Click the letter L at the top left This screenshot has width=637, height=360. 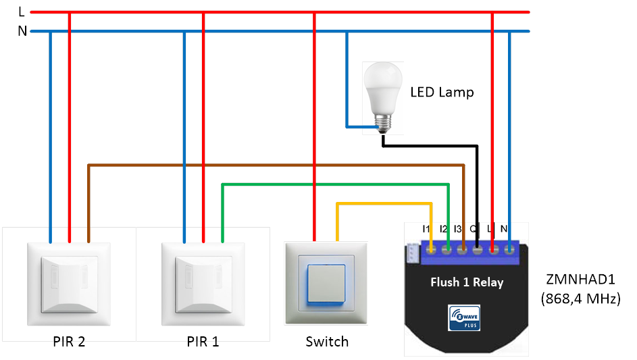tap(22, 11)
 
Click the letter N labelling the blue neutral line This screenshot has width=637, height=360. tap(22, 31)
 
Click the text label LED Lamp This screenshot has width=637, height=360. tap(442, 92)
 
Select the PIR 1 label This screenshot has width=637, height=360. tap(203, 341)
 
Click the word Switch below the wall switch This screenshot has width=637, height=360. tap(327, 341)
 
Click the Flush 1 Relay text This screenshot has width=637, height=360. tap(467, 282)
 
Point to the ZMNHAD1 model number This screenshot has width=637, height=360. tap(580, 279)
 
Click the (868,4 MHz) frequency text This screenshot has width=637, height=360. tap(580, 298)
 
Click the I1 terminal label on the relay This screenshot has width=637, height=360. tap(426, 230)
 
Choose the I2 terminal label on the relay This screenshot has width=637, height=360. tap(443, 230)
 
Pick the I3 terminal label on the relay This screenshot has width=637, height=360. tap(458, 230)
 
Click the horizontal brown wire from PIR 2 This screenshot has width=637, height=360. tap(270, 165)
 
